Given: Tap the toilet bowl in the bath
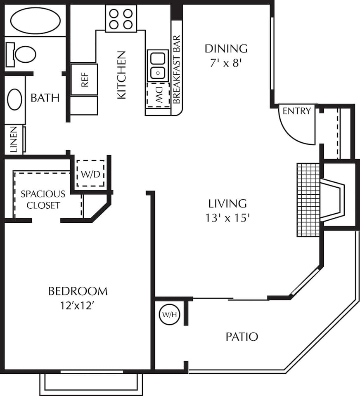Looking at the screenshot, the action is point(25,54).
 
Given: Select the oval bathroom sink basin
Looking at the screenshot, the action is point(15,99).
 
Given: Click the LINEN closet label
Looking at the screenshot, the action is point(13,139).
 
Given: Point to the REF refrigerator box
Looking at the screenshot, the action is point(84,79).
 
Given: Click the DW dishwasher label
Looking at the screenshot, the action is point(158,95).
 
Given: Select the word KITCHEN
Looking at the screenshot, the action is point(122,75).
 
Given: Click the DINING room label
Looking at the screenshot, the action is point(226,49).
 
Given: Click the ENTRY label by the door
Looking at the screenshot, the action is point(296,111).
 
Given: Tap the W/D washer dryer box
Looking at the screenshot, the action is point(90,173).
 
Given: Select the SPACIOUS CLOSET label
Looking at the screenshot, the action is point(43,200).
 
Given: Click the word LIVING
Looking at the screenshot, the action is point(227,203).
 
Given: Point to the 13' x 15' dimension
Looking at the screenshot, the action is point(227,218).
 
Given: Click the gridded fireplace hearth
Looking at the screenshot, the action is point(308,200).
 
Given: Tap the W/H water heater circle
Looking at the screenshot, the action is point(169,315).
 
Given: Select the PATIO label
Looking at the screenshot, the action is point(242,337).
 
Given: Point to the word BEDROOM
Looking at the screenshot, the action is point(78,291).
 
